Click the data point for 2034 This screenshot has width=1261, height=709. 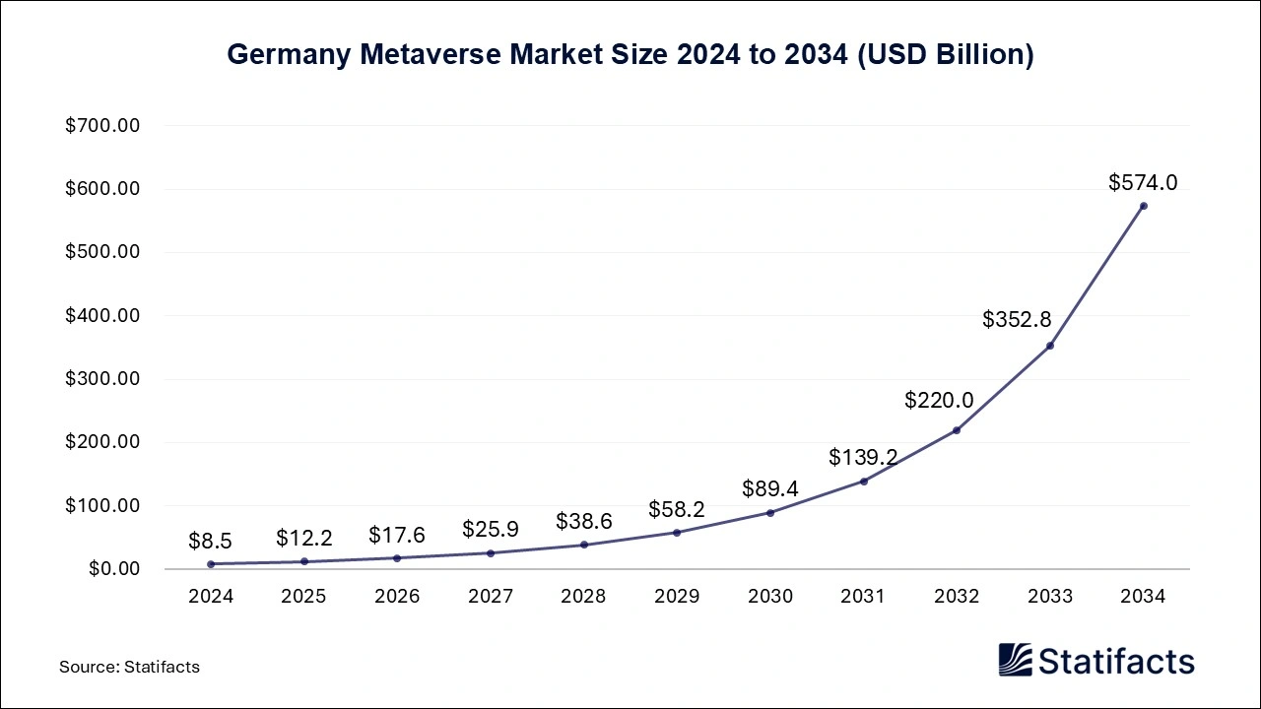coord(1143,206)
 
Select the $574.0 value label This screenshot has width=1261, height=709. coord(1143,182)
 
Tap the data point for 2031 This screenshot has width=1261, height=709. coord(864,482)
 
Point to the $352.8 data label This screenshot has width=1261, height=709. coord(1017,319)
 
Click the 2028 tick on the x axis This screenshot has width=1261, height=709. coord(583,597)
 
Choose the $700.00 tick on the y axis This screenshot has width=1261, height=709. coord(102,126)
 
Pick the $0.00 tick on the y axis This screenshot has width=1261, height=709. coord(115,569)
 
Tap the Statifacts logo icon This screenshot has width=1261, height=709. coord(1016,660)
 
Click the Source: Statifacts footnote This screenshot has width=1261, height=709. coord(129,667)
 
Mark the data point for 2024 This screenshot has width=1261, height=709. coord(211,564)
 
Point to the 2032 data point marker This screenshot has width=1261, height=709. coord(957,430)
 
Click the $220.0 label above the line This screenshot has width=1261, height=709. coord(940,400)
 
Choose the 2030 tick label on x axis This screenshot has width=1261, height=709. coord(769,597)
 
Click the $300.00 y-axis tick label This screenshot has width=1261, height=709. coord(102,379)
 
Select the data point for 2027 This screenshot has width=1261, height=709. coord(491,552)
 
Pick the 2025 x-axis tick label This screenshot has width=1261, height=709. coord(303,597)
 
